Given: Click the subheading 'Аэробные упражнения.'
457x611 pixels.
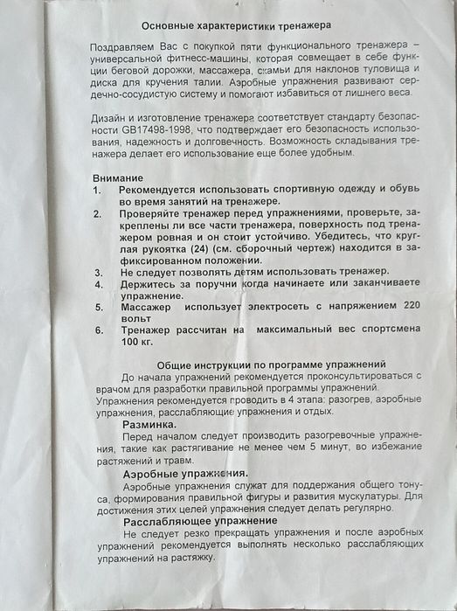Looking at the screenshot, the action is click(184, 472).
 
